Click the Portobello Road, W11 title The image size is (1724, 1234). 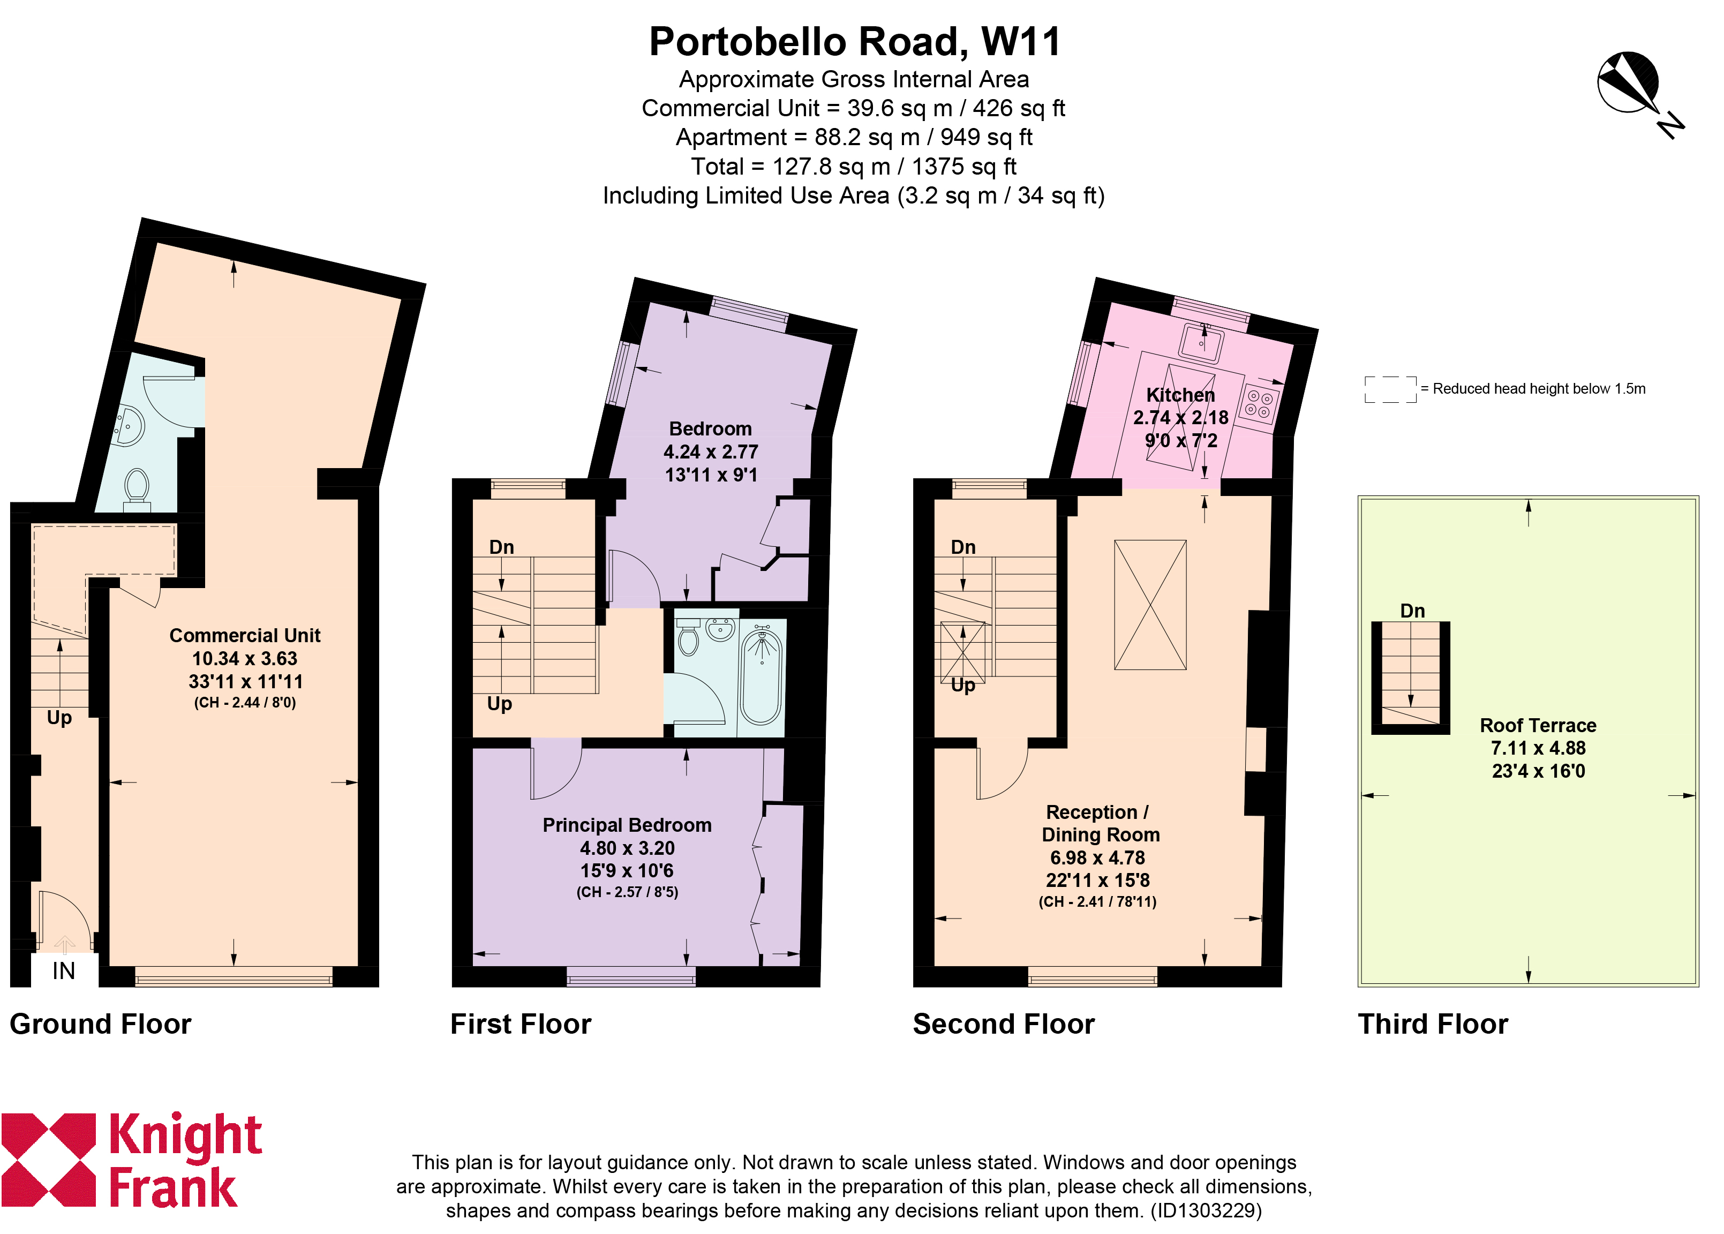pos(854,42)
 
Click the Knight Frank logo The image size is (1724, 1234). pos(131,1160)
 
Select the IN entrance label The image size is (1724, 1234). pos(64,970)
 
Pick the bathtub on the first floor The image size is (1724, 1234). pos(762,677)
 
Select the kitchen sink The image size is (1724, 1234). pos(1201,343)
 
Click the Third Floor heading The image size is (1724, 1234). pos(1432,1024)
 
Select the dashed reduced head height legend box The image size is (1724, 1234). pos(1390,389)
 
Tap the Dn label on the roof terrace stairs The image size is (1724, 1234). pos(1412,611)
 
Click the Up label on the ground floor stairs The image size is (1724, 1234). pos(59,719)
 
